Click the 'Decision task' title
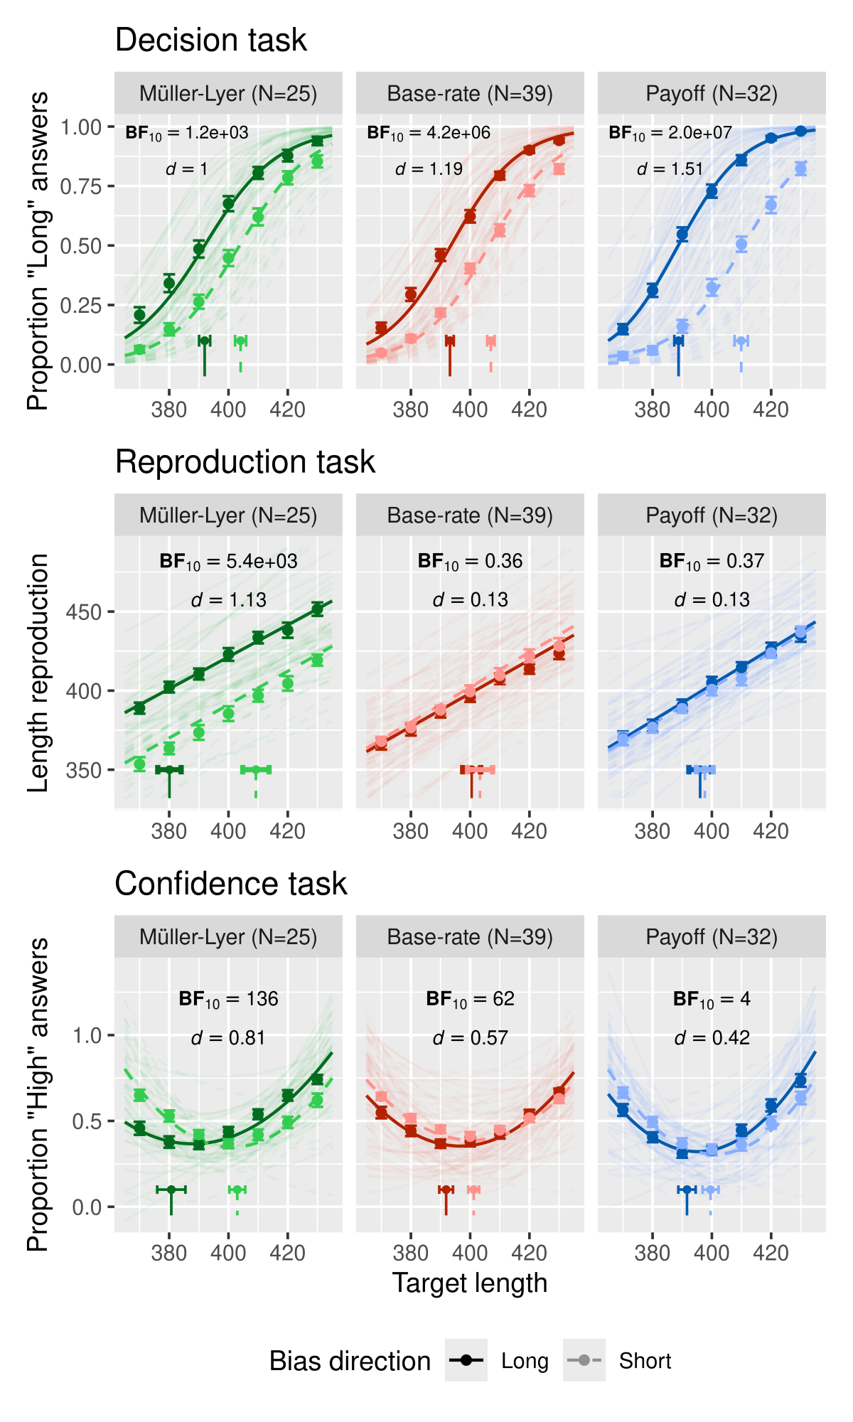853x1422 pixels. click(x=210, y=41)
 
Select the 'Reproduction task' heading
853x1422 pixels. click(x=245, y=462)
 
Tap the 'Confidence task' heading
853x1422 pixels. click(x=231, y=884)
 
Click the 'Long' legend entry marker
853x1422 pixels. click(x=466, y=1360)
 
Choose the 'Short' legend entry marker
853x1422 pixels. click(x=584, y=1360)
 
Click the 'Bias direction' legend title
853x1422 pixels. click(x=350, y=1361)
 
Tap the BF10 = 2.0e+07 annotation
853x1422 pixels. click(x=670, y=133)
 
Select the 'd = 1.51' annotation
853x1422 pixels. click(x=670, y=169)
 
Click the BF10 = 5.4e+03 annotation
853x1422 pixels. click(x=228, y=562)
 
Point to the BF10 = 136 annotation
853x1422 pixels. click(x=228, y=999)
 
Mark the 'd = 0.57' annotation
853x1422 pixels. click(x=470, y=1038)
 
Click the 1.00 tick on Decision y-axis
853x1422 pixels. click(x=81, y=127)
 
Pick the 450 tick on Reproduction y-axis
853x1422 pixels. click(x=84, y=612)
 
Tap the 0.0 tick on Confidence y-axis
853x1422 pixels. click(x=87, y=1207)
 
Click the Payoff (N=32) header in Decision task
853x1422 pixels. click(x=712, y=93)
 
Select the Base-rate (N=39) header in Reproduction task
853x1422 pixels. click(x=470, y=515)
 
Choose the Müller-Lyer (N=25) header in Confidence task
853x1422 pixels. click(x=228, y=936)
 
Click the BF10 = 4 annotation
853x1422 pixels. click(x=712, y=999)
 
